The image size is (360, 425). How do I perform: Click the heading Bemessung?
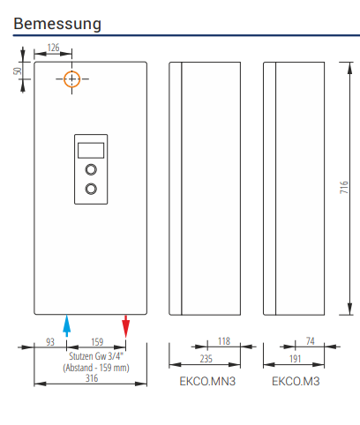[x=57, y=24]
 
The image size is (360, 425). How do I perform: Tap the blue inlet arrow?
[x=67, y=325]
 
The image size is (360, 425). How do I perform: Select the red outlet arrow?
[x=126, y=326]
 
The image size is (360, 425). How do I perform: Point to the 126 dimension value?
[x=53, y=48]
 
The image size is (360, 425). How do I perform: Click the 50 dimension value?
[x=18, y=71]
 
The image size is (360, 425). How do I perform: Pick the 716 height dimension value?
[x=344, y=187]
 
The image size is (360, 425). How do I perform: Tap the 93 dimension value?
[x=50, y=342]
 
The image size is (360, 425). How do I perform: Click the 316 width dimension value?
[x=92, y=378]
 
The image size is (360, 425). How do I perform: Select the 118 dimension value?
[x=224, y=341]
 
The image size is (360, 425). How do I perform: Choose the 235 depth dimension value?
[x=206, y=359]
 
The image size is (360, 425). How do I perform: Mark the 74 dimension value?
[x=311, y=341]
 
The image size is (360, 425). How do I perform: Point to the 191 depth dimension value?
[x=295, y=359]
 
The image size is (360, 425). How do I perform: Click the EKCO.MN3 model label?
[x=207, y=381]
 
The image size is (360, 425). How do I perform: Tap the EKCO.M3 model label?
[x=296, y=381]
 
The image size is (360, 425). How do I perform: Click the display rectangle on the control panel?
[x=91, y=151]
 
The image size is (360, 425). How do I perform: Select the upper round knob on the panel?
[x=91, y=169]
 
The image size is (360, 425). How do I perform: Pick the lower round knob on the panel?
[x=91, y=189]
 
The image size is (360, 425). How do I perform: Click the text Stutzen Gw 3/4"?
[x=96, y=356]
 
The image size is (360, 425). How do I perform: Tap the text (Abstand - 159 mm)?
[x=96, y=368]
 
